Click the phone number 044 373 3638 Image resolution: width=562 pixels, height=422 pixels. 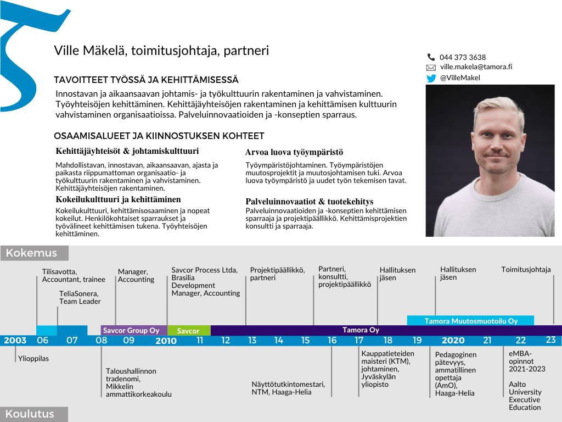[x=462, y=57]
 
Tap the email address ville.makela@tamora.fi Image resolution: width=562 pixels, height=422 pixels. [x=476, y=66]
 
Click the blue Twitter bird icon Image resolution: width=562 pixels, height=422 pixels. [x=431, y=78]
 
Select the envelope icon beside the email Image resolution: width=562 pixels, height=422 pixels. [x=431, y=68]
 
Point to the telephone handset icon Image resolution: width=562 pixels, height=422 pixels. [x=431, y=57]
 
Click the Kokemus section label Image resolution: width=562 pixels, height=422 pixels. [x=32, y=253]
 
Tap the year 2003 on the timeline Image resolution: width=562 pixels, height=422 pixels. [x=15, y=341]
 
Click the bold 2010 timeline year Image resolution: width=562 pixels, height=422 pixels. [x=166, y=341]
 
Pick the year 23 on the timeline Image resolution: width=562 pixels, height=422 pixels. [x=550, y=340]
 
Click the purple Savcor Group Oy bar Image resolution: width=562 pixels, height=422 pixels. [x=131, y=330]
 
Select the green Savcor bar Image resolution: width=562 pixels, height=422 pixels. [x=188, y=331]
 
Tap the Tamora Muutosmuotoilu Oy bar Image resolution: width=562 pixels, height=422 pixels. [x=471, y=321]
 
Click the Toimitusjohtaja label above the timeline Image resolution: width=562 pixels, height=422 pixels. [x=526, y=269]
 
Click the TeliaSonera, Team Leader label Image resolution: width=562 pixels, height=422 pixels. [x=80, y=297]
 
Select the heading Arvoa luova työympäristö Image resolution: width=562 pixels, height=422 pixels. [x=294, y=152]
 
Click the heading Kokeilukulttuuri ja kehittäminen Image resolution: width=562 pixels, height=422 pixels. [x=118, y=199]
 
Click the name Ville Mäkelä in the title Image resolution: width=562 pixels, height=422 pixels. [x=90, y=51]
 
